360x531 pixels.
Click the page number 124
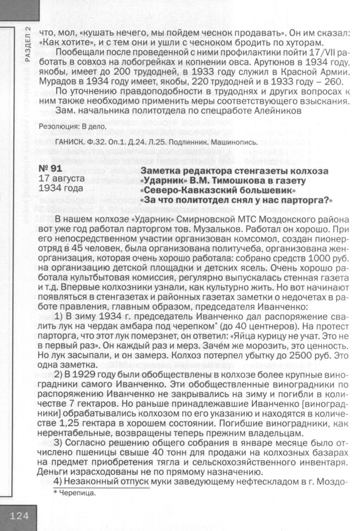point(19,516)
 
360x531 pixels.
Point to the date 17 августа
point(61,180)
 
